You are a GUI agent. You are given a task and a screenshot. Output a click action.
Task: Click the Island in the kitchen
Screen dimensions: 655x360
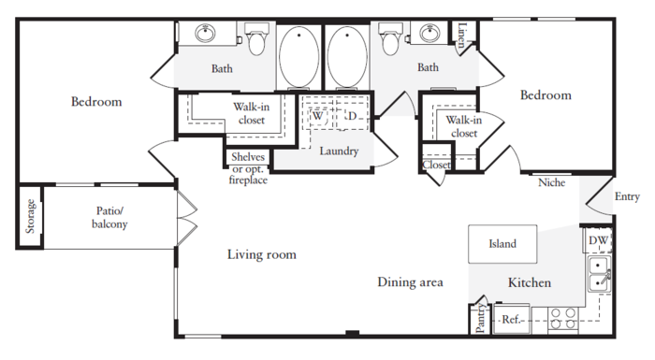502,244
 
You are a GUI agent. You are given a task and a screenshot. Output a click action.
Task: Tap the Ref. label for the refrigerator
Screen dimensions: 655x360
512,320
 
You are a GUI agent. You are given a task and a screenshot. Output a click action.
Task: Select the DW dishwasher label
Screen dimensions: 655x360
598,240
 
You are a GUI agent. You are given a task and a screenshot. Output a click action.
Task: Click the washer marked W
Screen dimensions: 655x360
318,116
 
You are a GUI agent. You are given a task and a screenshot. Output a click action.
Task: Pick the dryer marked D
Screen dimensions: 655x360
352,116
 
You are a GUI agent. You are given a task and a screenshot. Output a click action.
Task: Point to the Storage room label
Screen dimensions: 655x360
30,216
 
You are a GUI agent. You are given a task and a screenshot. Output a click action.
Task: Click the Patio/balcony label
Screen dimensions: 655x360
109,217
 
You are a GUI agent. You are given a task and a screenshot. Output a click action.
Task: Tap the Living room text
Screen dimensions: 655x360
262,254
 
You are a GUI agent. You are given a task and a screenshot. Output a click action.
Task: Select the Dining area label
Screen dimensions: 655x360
410,282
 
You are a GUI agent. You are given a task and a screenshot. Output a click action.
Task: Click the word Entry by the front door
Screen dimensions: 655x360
627,196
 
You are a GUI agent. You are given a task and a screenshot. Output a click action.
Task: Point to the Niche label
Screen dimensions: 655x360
551,182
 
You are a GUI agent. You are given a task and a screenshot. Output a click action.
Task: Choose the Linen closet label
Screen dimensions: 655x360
461,35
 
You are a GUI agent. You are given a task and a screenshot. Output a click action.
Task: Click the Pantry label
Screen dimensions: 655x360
481,318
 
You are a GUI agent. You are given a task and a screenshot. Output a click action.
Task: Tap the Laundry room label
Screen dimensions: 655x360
339,151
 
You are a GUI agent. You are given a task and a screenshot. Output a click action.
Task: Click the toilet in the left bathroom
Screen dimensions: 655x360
256,39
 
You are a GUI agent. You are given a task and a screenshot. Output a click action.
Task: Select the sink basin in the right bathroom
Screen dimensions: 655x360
430,33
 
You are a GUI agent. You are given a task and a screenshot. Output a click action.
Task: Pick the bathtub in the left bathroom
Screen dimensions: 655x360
298,57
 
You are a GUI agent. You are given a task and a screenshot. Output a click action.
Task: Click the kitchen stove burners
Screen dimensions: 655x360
562,318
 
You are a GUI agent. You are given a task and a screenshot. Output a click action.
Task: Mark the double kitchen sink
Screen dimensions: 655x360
600,274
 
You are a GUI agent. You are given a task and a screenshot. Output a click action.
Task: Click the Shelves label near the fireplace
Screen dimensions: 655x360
248,157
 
